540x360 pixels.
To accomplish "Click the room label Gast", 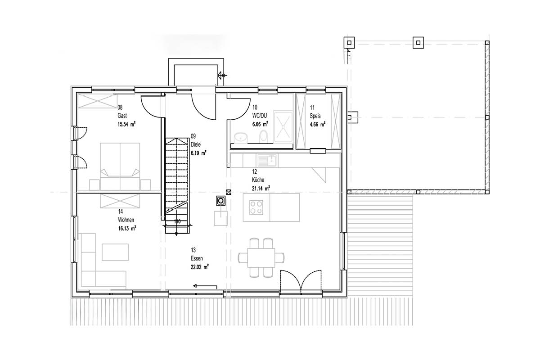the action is tap(122, 116).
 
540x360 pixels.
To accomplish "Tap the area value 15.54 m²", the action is tap(126, 124).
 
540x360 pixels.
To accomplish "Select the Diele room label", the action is tap(195, 144).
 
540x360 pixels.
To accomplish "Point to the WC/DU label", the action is tap(260, 116).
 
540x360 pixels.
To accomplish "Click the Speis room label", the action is tap(315, 116).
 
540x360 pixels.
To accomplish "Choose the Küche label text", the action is tap(258, 180).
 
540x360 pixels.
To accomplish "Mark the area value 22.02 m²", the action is tap(200, 267).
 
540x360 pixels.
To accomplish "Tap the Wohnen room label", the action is tap(126, 220).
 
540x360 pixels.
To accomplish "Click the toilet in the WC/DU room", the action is tap(264, 136).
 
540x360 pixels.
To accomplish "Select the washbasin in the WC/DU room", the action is tap(241, 138).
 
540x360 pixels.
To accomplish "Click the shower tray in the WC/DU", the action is tap(283, 126).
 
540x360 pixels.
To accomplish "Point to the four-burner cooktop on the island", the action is tap(256, 207).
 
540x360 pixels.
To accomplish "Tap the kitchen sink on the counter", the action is tap(268, 160).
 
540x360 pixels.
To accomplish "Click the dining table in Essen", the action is tap(261, 258).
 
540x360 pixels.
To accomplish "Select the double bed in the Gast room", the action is tap(120, 166).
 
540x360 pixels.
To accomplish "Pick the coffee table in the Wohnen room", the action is tap(115, 252).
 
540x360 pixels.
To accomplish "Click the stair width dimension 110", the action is tap(177, 221).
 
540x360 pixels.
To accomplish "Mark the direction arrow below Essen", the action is tap(205, 286).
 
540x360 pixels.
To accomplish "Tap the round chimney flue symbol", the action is tap(220, 201).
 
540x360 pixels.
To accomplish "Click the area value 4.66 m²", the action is tap(318, 125).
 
